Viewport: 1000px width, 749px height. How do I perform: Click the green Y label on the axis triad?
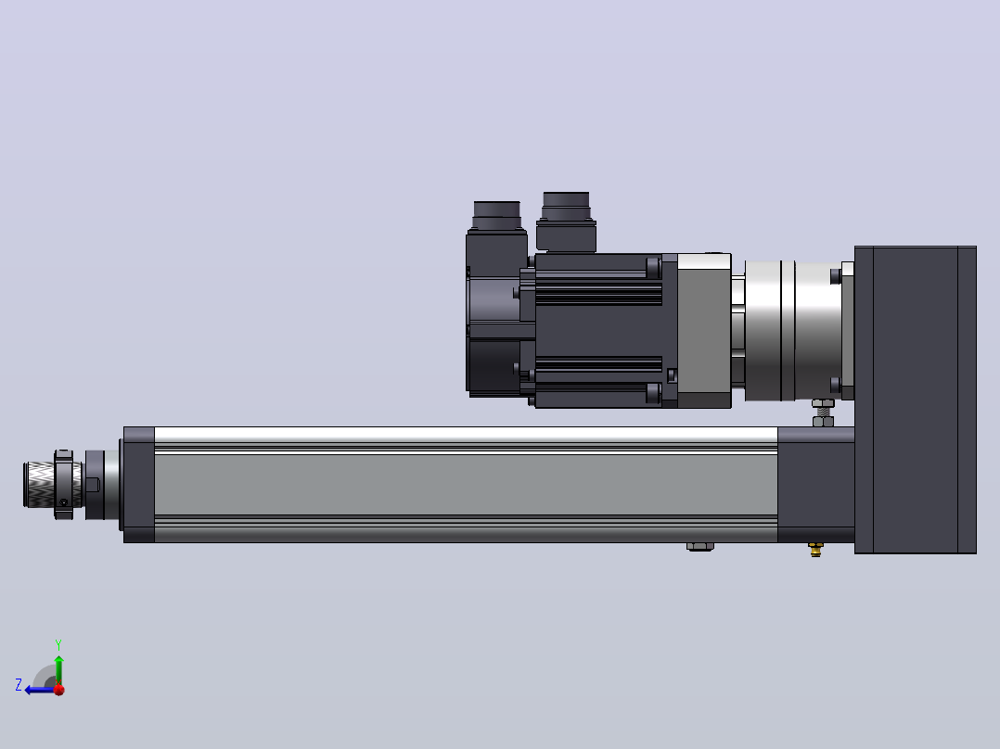[x=58, y=644]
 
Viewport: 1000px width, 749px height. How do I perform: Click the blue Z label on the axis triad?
[x=19, y=685]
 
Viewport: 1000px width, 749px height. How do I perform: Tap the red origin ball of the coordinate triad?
[x=59, y=690]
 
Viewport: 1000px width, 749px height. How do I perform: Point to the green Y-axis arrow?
[x=58, y=670]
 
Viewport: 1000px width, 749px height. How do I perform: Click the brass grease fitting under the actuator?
[x=815, y=549]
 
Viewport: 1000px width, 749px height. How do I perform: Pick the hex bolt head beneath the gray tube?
[x=699, y=546]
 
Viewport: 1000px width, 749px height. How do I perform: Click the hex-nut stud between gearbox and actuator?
[x=823, y=413]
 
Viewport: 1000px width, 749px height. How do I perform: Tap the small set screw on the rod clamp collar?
[x=63, y=502]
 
